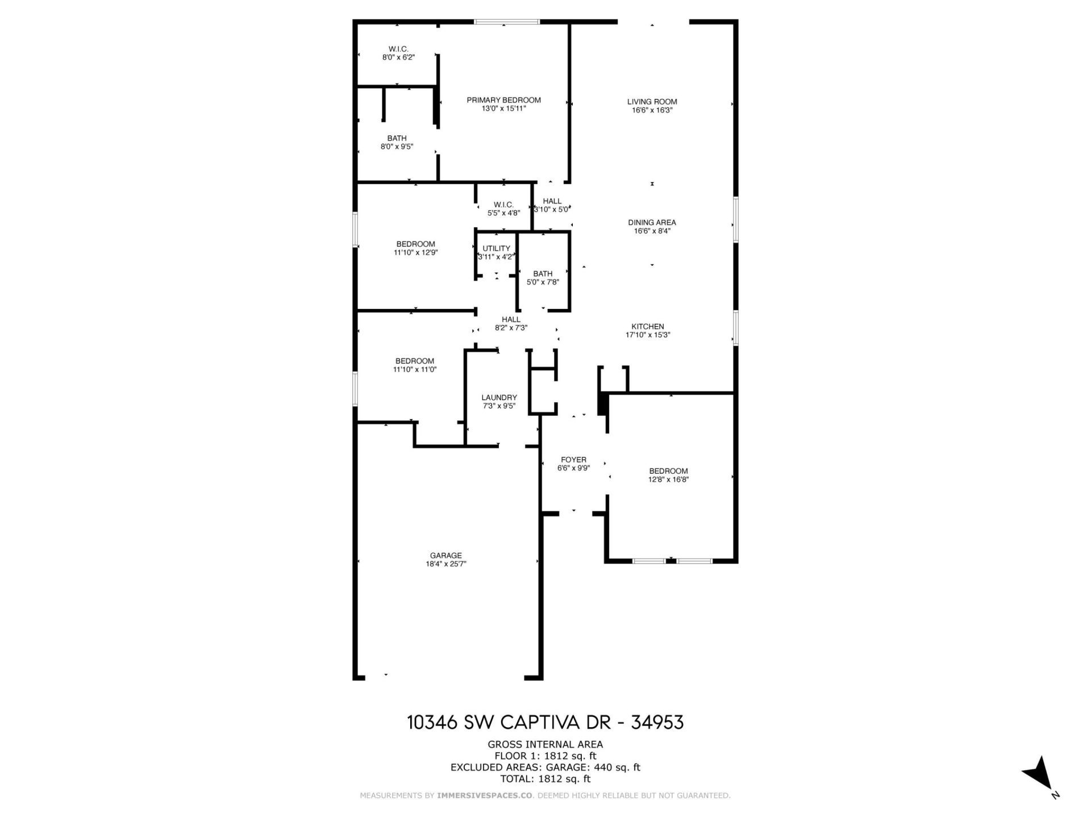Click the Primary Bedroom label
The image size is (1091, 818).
[503, 100]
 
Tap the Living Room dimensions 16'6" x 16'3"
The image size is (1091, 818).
[652, 110]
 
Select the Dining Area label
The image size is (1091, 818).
[652, 223]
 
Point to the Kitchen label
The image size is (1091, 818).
[648, 327]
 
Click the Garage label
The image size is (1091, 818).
[445, 556]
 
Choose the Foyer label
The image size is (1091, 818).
[573, 460]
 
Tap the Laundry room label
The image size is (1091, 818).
[499, 398]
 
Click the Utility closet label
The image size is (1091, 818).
[496, 249]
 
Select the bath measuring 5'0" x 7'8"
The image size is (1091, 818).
[543, 278]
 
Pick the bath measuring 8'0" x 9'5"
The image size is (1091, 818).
[397, 142]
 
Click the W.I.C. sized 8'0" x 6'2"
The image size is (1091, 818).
[398, 53]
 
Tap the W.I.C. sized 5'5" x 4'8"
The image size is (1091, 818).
[503, 208]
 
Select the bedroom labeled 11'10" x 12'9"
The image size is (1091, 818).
[415, 248]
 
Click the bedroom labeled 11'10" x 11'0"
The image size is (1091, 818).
[415, 365]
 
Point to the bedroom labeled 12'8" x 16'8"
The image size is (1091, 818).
[668, 475]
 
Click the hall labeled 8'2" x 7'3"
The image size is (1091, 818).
[511, 323]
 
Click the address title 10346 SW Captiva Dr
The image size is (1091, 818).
[545, 722]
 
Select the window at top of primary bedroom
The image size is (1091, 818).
[506, 22]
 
